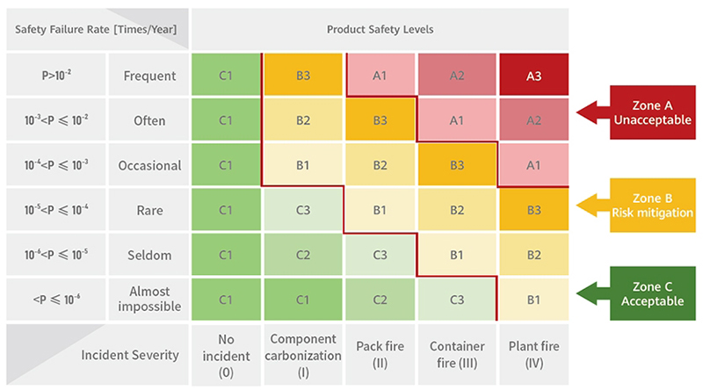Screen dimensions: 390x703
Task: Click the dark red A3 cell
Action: (533, 76)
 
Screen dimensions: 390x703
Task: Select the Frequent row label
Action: (149, 76)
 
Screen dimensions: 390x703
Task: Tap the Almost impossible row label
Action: (149, 300)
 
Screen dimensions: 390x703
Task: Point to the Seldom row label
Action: (149, 255)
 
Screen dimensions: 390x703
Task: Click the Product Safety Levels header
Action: (380, 29)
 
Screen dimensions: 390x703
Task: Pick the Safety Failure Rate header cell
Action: (97, 29)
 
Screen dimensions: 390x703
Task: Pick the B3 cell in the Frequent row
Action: (303, 76)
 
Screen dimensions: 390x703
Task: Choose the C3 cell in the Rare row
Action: (303, 210)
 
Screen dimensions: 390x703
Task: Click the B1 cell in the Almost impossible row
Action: (533, 300)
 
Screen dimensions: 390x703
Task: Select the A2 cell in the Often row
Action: (533, 120)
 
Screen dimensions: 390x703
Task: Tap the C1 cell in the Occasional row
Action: (225, 165)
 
